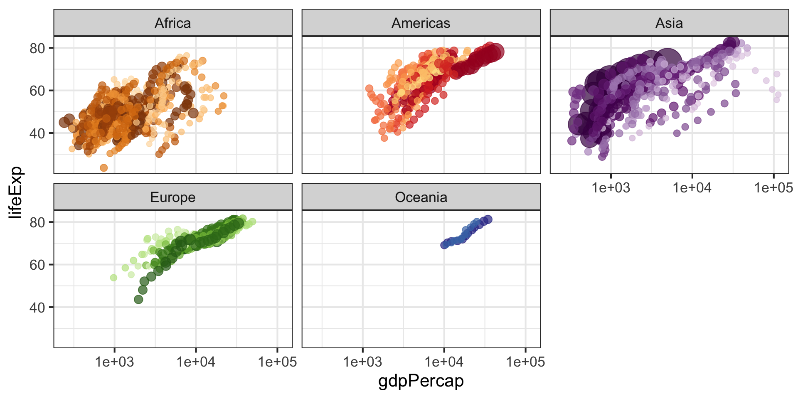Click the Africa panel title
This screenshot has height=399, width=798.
pyautogui.click(x=172, y=23)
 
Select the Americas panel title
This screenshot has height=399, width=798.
pyautogui.click(x=421, y=23)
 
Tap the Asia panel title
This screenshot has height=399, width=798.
pyautogui.click(x=669, y=23)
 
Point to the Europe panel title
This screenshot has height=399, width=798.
pyautogui.click(x=172, y=197)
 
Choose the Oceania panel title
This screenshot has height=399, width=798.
pyautogui.click(x=421, y=197)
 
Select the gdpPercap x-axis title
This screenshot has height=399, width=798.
pyautogui.click(x=421, y=381)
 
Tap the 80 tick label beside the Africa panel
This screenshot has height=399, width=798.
pyautogui.click(x=37, y=48)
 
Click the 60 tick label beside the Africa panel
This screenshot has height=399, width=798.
pyautogui.click(x=37, y=91)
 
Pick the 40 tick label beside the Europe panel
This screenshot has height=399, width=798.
pyautogui.click(x=37, y=308)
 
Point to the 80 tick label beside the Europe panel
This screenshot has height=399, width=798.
pyautogui.click(x=37, y=222)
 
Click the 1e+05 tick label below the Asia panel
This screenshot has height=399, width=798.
pyautogui.click(x=773, y=188)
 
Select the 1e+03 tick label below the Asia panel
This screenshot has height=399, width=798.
pyautogui.click(x=611, y=188)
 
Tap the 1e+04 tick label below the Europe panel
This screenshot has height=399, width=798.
pyautogui.click(x=196, y=362)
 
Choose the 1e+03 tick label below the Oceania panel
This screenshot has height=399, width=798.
pyautogui.click(x=362, y=362)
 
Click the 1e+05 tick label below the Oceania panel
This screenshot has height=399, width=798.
pyautogui.click(x=525, y=362)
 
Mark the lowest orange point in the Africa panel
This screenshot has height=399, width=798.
pyautogui.click(x=103, y=168)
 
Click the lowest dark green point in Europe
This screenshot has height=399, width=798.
pyautogui.click(x=138, y=299)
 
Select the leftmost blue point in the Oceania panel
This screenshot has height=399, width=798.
pyautogui.click(x=444, y=245)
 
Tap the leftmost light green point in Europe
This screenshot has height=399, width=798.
pyautogui.click(x=113, y=278)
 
